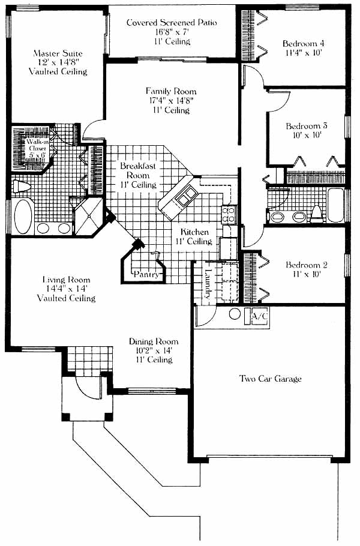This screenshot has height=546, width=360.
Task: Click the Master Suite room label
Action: (x=58, y=53)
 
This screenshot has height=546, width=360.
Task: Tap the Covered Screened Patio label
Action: (x=172, y=23)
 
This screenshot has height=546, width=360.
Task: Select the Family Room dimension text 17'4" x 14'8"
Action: (x=171, y=101)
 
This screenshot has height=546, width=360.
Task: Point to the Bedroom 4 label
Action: (x=304, y=44)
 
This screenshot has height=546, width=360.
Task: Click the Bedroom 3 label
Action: (x=307, y=126)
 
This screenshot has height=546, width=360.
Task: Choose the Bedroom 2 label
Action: (x=307, y=265)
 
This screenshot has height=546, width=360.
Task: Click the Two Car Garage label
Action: (x=271, y=379)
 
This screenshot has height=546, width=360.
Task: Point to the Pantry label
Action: (x=146, y=274)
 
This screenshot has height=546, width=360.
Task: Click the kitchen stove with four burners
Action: (x=229, y=214)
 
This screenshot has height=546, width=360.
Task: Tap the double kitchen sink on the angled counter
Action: (x=186, y=195)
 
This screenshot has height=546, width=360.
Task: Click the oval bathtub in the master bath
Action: (x=23, y=216)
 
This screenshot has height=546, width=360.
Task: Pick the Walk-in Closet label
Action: (x=37, y=148)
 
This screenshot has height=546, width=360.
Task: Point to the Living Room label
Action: (x=66, y=280)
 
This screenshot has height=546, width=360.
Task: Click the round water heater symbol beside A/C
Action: (x=235, y=314)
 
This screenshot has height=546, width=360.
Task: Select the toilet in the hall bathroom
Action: (x=317, y=214)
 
